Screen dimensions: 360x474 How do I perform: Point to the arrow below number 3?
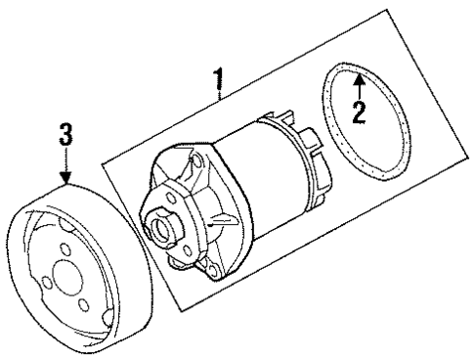[x=65, y=170]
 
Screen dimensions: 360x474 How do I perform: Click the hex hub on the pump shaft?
[x=156, y=226]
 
